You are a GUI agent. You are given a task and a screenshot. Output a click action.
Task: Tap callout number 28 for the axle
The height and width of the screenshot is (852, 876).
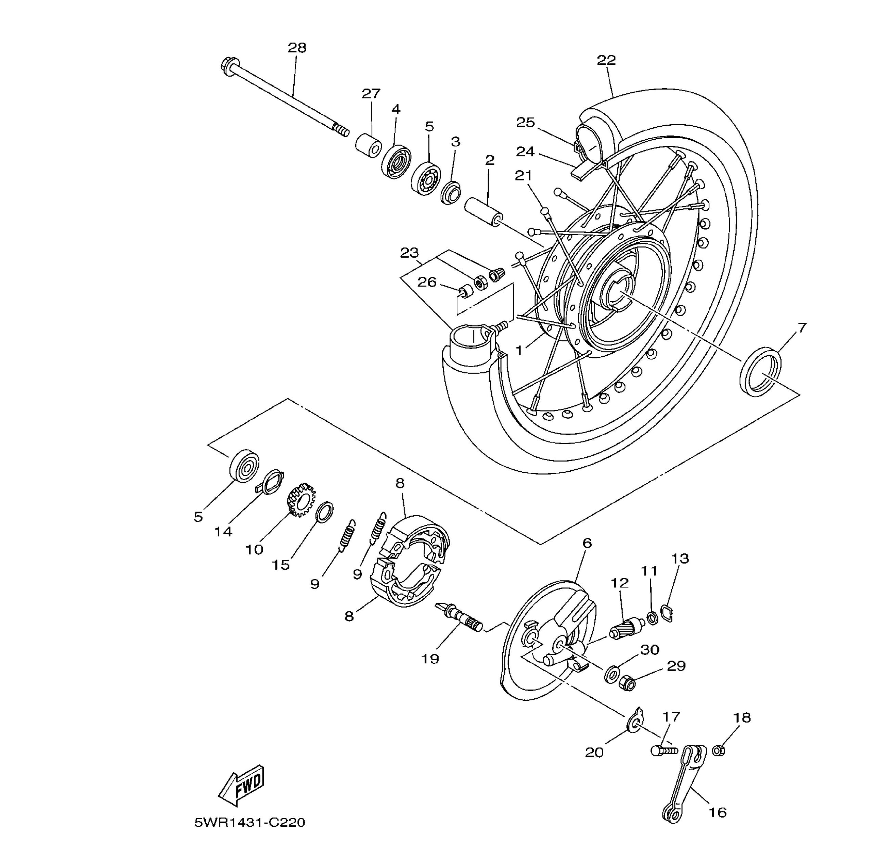click(297, 48)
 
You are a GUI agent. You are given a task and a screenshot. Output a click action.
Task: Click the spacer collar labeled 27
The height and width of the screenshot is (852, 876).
click(369, 144)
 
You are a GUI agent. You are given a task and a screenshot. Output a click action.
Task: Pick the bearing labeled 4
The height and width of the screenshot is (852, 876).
click(396, 162)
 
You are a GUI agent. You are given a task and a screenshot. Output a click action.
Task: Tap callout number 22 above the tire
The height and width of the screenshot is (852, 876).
click(606, 60)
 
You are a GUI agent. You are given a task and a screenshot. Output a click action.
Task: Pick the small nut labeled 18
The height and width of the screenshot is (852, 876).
click(718, 750)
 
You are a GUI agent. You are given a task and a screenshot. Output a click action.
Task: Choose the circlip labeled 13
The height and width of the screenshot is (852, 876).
click(667, 613)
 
